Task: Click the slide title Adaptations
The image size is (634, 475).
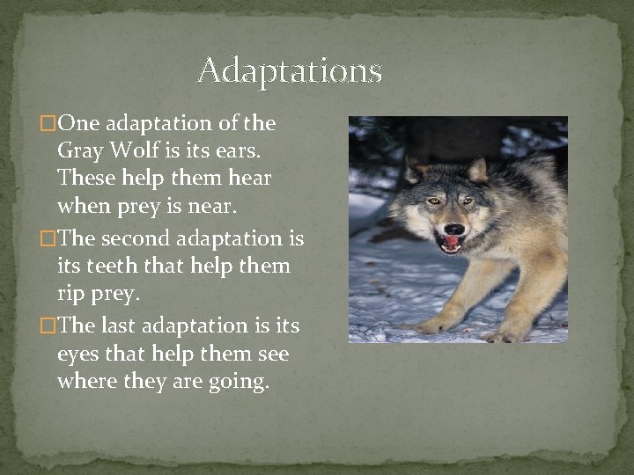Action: coord(290,69)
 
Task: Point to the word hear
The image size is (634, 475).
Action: coord(251,179)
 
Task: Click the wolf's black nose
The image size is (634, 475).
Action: coord(453,230)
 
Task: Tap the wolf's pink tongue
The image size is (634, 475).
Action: coord(452,243)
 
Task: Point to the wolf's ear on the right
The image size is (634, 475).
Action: coord(479,170)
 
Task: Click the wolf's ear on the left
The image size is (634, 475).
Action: coord(413,169)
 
